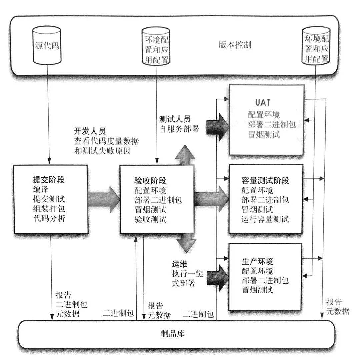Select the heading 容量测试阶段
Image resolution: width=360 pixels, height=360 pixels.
[x=265, y=181]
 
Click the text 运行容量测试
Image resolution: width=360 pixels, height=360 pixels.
[x=265, y=219]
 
